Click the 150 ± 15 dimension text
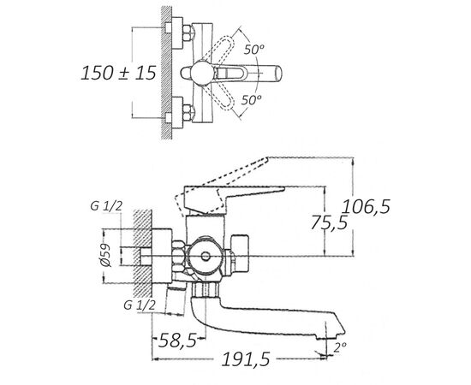click(119, 73)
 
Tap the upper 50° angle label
click(253, 50)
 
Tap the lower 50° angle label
click(252, 99)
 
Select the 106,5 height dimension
click(367, 207)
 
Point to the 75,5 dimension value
click(329, 222)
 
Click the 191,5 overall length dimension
click(246, 358)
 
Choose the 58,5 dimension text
click(177, 341)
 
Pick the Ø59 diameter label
click(106, 255)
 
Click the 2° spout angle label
click(340, 348)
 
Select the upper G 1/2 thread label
click(106, 206)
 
